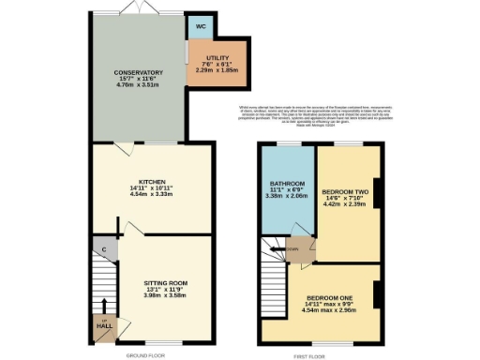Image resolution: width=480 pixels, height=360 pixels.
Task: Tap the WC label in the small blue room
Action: (x=199, y=25)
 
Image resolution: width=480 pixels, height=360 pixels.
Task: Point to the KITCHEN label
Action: (x=152, y=181)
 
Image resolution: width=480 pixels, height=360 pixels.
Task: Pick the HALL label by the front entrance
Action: (x=105, y=325)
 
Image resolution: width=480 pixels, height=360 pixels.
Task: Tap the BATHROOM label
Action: (x=287, y=182)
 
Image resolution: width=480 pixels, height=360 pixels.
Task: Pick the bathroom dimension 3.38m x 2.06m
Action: (x=287, y=196)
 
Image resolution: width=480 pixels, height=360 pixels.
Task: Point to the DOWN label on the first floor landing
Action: (x=292, y=248)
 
